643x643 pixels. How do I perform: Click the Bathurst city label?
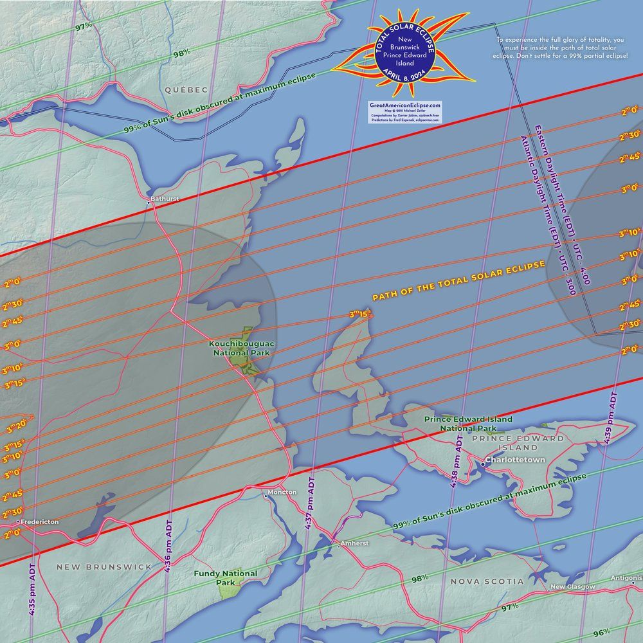coord(165,199)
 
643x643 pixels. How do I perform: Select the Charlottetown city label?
coord(514,460)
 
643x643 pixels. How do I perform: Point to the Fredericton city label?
coord(39,522)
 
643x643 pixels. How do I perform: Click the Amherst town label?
coord(355,543)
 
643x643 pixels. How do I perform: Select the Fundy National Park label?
coord(226,577)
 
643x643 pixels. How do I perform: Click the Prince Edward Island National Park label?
coord(468,423)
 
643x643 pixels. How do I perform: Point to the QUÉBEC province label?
coord(186,89)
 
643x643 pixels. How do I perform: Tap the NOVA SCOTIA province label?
coord(487,581)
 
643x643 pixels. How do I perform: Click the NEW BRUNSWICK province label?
coord(104,567)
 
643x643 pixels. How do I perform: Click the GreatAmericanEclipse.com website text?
coord(405,105)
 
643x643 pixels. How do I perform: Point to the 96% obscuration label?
coord(602,633)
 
